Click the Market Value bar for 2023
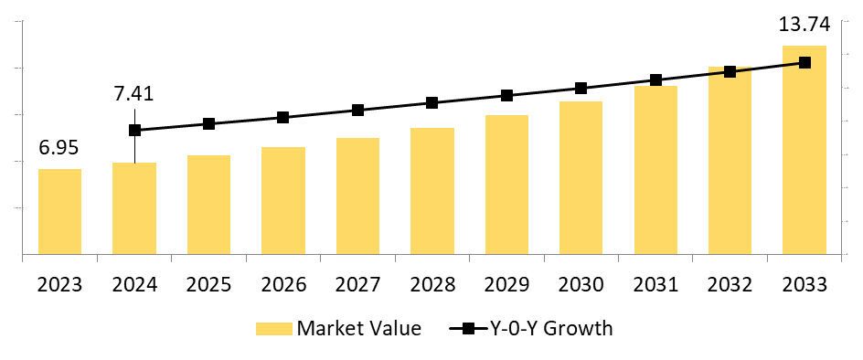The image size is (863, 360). click(59, 211)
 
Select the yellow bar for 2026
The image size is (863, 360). click(283, 200)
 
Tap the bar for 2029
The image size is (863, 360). click(506, 185)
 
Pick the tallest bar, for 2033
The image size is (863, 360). click(804, 150)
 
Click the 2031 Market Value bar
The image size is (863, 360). click(655, 170)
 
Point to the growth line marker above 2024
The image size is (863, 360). click(134, 130)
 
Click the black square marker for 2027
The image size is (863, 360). click(357, 110)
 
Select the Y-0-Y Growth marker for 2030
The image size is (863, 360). click(581, 88)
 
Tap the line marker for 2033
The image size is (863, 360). click(804, 62)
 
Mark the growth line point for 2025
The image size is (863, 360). click(208, 123)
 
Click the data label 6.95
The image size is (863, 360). click(59, 148)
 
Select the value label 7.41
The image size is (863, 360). click(133, 93)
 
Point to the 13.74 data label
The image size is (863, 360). click(804, 25)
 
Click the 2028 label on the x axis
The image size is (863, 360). click(432, 284)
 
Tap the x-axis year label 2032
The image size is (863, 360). click(730, 284)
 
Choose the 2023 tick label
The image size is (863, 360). click(59, 284)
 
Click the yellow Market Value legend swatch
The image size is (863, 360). click(273, 329)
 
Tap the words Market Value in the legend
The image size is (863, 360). click(359, 329)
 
